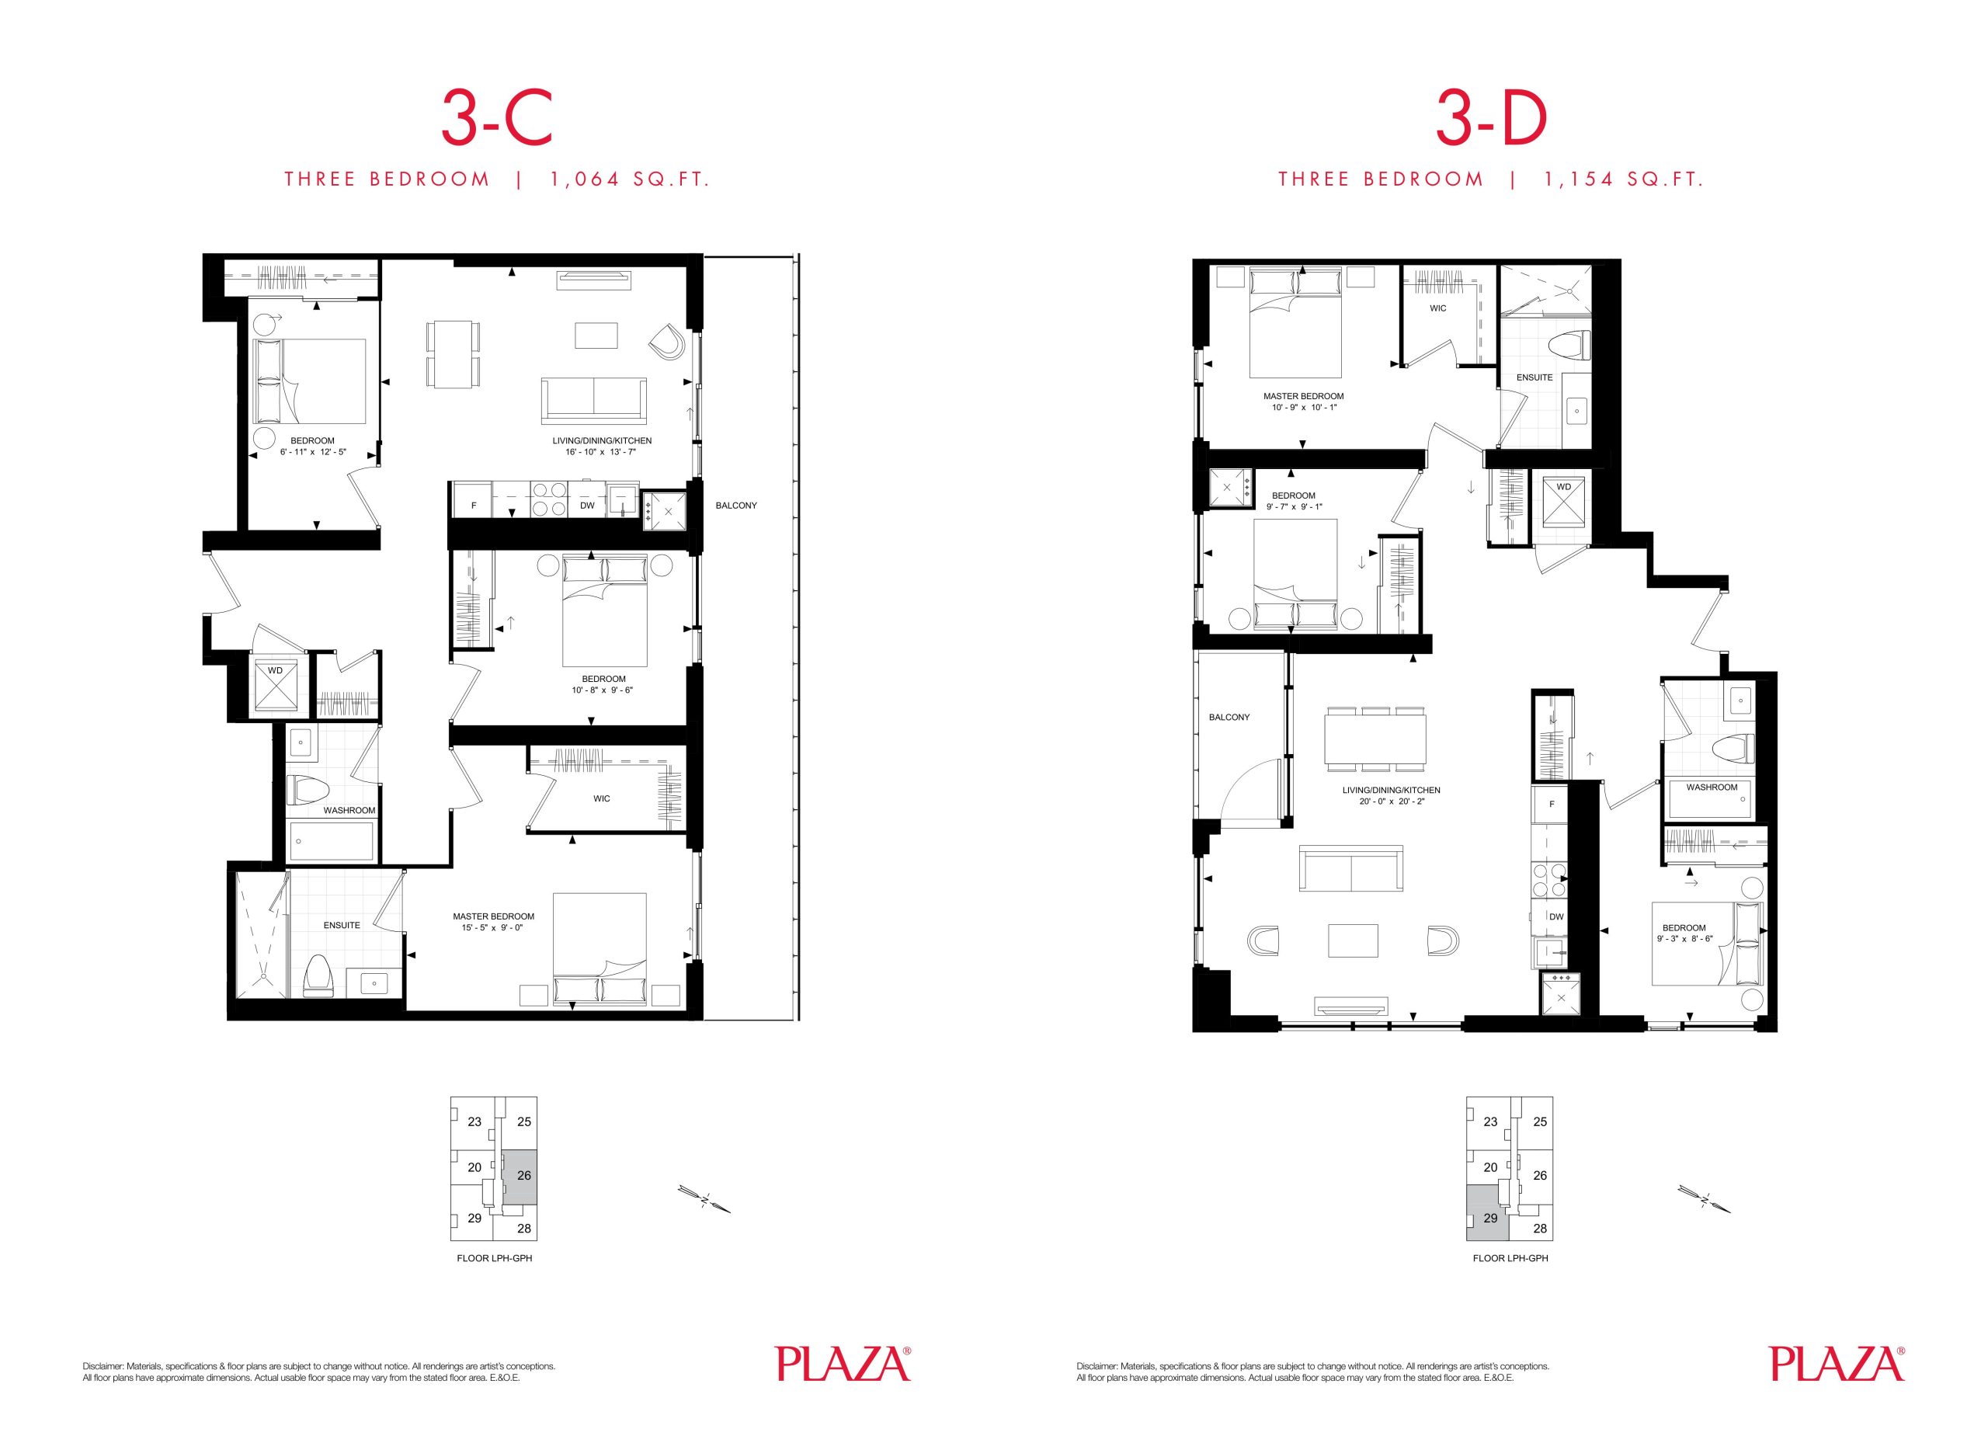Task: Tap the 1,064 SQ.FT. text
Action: point(629,179)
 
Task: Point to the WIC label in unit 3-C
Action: point(601,798)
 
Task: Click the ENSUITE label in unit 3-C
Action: point(342,925)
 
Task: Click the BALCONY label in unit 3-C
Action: point(736,506)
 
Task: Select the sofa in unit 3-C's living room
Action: point(594,400)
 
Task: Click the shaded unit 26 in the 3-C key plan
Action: point(523,1177)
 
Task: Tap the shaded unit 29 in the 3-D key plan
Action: point(1487,1213)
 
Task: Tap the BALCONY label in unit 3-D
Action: point(1229,717)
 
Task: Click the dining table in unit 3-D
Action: point(1375,739)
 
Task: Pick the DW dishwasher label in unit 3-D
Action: point(1556,917)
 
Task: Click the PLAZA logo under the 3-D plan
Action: point(1837,1363)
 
